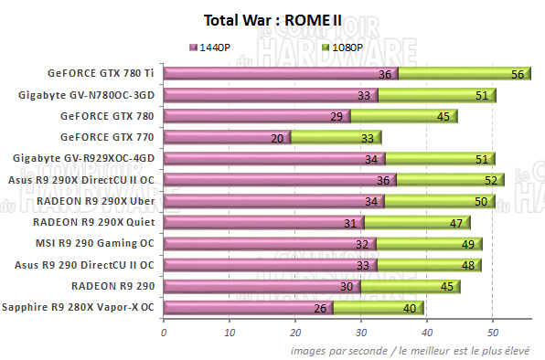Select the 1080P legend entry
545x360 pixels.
344,47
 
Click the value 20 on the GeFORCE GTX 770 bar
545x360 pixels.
277,138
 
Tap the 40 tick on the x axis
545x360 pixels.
427,332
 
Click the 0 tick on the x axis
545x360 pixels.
164,332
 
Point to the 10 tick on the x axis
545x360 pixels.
230,332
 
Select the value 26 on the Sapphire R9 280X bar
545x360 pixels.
319,309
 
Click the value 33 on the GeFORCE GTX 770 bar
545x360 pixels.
367,138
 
